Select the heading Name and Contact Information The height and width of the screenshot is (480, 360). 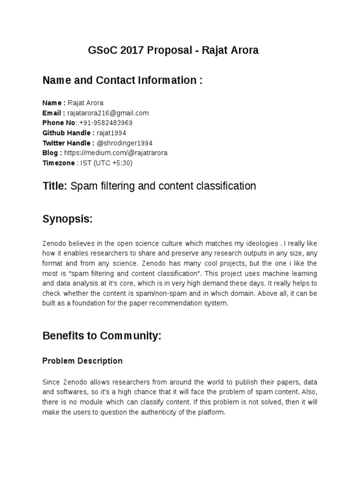[x=122, y=81]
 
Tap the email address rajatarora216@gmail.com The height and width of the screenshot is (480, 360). [x=108, y=113]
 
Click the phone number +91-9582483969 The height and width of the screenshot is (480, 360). [x=106, y=123]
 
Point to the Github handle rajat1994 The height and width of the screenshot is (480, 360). [x=112, y=133]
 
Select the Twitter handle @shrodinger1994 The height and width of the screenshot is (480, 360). [x=124, y=143]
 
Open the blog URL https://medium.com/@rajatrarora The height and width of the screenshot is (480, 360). [x=115, y=153]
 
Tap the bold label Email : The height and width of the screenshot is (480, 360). [x=53, y=113]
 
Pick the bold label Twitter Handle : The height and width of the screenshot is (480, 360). [x=68, y=143]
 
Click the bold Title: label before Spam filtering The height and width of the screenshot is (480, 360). [x=55, y=187]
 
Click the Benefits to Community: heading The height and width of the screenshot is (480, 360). [x=102, y=336]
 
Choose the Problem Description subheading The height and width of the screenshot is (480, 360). [x=82, y=361]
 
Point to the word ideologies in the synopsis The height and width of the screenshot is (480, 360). [x=263, y=243]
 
